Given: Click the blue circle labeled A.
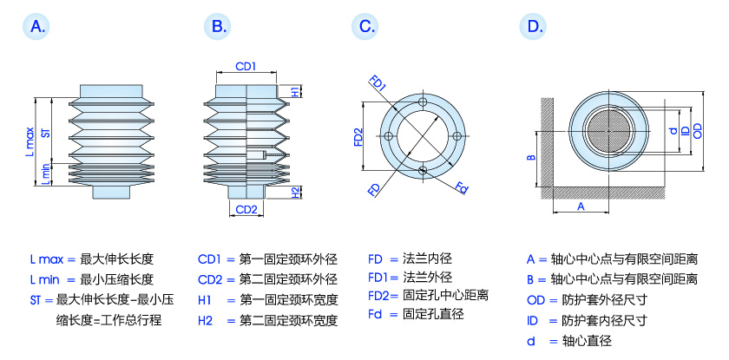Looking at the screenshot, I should (x=36, y=27).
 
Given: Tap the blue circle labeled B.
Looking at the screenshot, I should (x=218, y=27).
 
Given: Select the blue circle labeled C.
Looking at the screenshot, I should (x=367, y=27).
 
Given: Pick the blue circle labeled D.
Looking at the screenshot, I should (x=534, y=27).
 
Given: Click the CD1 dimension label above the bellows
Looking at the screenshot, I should (x=246, y=66).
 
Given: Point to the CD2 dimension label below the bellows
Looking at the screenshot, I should (x=246, y=210).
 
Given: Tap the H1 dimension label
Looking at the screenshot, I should (x=295, y=92).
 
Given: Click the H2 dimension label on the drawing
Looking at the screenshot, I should (x=295, y=192).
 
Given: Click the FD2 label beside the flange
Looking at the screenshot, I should (x=358, y=137).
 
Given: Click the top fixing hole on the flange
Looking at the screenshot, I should (x=423, y=103).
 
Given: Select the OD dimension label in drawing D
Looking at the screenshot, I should (x=697, y=130).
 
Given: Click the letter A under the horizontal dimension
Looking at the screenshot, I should (x=581, y=206).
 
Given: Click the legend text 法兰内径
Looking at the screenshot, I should (x=428, y=259).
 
